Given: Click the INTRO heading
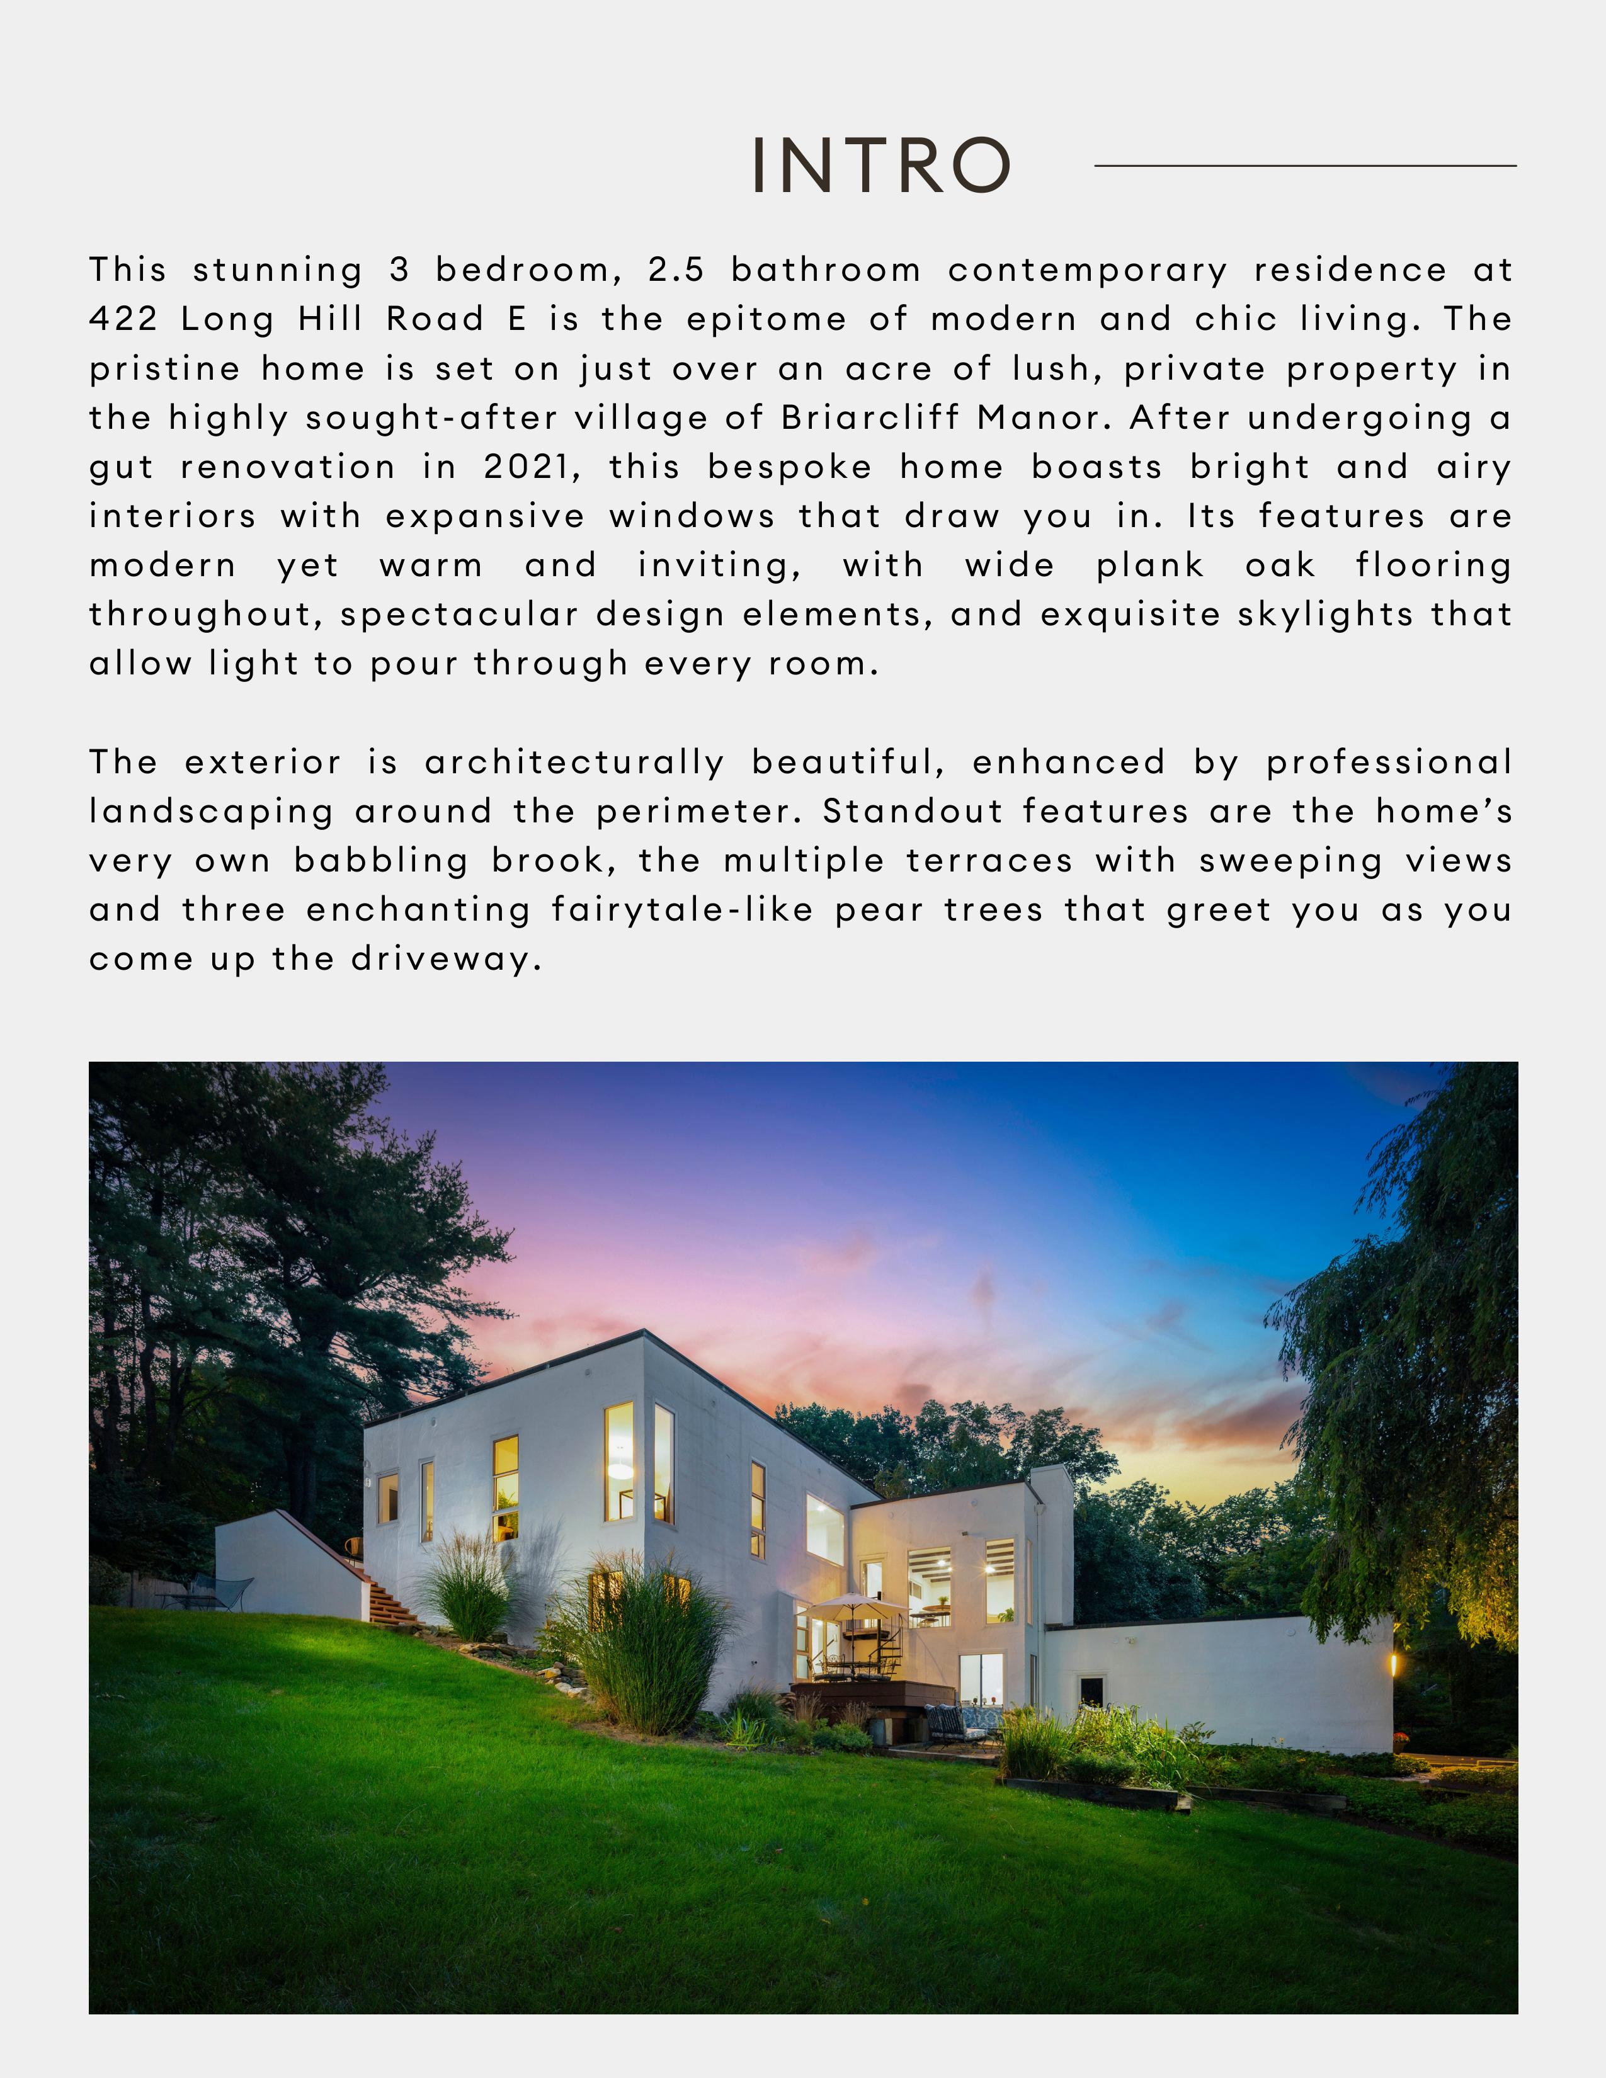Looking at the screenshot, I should (880, 164).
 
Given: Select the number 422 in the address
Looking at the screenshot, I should (123, 319).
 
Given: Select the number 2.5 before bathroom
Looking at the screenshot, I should (676, 270).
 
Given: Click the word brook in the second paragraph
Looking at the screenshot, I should (552, 860).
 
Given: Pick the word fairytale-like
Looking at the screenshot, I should (682, 910).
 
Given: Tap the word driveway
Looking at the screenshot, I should (447, 959).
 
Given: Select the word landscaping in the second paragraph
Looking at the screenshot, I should (211, 812).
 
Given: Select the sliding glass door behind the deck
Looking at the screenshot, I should (980, 1679).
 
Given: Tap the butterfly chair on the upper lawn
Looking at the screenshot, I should (229, 1590).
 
